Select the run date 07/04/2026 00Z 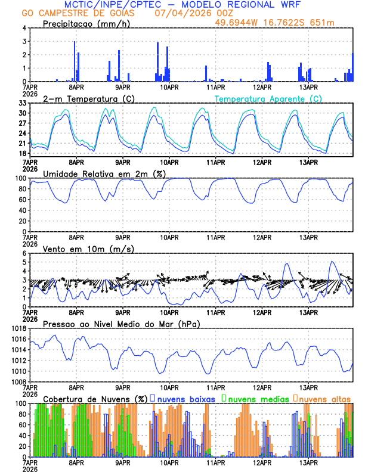point(191,13)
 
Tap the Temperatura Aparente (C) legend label point(268,98)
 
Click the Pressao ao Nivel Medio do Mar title point(121,324)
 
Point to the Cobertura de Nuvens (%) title point(95,399)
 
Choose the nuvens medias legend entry point(255,399)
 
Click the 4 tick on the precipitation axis point(24,28)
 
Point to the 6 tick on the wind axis point(24,253)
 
